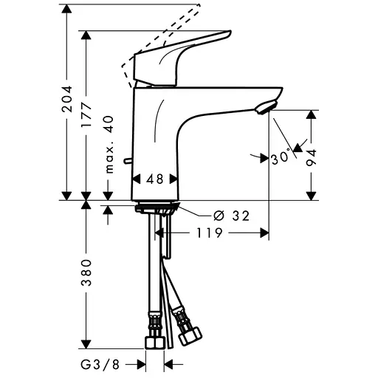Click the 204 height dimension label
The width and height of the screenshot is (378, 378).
click(67, 99)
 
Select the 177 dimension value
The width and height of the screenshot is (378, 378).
click(86, 115)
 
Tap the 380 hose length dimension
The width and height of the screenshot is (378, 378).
click(86, 272)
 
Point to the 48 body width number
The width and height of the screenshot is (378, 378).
click(155, 179)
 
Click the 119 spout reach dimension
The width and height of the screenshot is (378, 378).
click(209, 233)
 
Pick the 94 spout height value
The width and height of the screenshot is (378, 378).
click(311, 157)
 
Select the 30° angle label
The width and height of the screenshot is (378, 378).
click(281, 157)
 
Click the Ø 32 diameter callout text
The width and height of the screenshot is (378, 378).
click(232, 216)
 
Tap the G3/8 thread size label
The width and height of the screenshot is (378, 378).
click(100, 365)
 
